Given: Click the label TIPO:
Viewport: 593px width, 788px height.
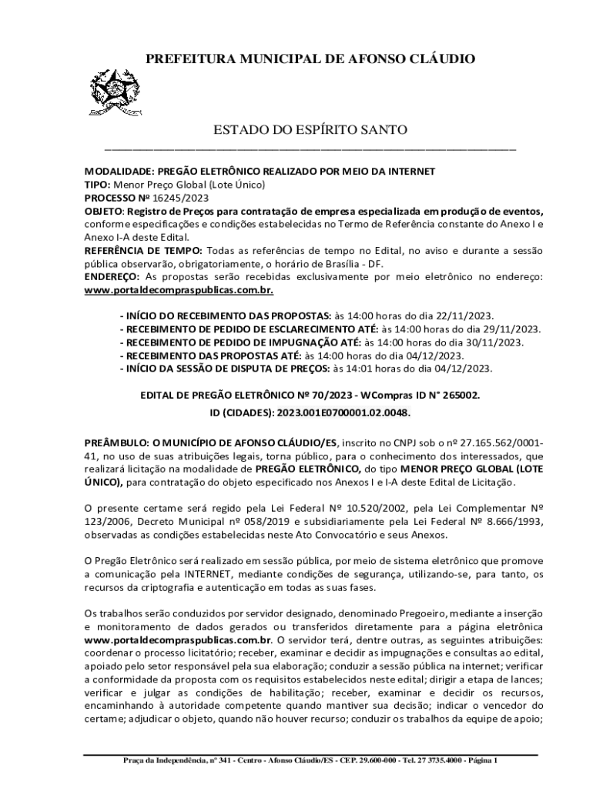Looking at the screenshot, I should coord(97,185).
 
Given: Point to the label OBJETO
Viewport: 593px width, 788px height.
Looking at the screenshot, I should coord(102,212).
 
